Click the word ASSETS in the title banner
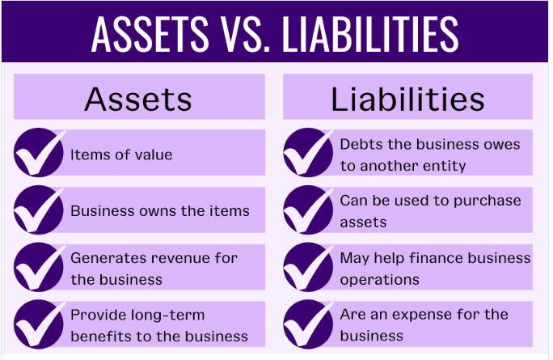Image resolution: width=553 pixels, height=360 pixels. [147, 32]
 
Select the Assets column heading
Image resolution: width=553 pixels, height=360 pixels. [138, 99]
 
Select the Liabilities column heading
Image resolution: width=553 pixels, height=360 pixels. [407, 99]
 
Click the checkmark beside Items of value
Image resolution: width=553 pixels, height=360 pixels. [39, 153]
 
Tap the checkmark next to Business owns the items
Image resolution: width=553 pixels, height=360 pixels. [39, 210]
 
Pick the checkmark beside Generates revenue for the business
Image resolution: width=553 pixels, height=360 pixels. [39, 268]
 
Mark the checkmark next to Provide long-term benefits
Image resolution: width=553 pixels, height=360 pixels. [39, 324]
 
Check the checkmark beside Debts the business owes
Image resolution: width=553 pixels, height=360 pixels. [308, 153]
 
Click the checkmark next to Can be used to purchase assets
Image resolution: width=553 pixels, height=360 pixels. [308, 210]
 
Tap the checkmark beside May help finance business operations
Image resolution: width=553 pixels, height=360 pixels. [308, 268]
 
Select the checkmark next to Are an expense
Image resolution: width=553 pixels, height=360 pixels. [308, 324]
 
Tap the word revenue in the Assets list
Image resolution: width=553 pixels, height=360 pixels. [173, 258]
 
